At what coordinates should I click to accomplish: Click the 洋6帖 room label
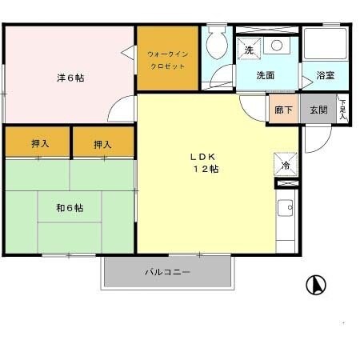pos(70,78)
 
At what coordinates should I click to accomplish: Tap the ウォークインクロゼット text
pos(166,61)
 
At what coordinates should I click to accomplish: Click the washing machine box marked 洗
pos(249,49)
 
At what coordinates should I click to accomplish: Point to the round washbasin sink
pos(277,46)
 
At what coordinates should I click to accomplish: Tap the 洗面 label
pos(266,76)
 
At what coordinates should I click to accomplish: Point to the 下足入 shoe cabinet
pos(342,109)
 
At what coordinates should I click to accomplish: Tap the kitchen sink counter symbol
pos(286,210)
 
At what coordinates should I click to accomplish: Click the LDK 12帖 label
pos(205,162)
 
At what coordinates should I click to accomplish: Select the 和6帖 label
pos(70,207)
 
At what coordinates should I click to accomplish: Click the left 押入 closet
pos(39,144)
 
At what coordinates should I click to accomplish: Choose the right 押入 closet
pos(102,144)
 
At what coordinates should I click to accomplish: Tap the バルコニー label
pos(167,273)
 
